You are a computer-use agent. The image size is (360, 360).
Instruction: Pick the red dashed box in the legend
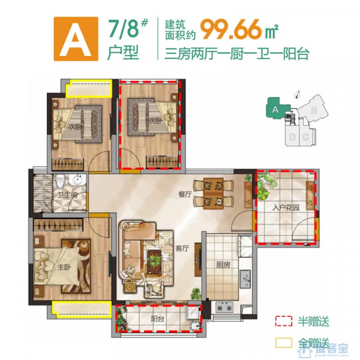283,321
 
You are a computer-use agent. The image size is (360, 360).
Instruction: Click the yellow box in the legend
283,343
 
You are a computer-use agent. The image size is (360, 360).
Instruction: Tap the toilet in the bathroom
61,183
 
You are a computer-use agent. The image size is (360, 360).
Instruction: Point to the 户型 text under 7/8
122,53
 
